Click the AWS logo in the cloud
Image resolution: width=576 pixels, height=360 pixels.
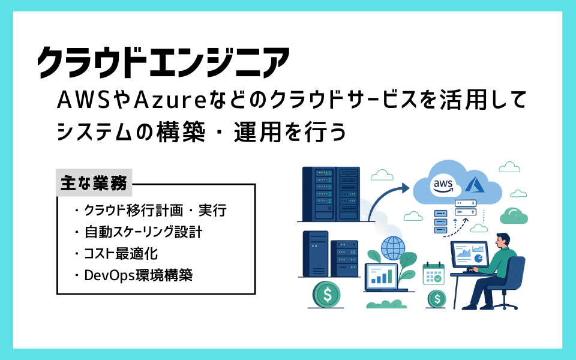click(442, 186)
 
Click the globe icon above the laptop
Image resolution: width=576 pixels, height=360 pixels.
click(392, 248)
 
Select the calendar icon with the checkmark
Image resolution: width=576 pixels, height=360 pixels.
click(433, 274)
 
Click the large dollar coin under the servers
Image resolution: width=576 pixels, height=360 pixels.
click(326, 295)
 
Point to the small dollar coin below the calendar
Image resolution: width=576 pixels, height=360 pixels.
click(436, 299)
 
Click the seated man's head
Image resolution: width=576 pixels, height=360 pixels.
click(503, 241)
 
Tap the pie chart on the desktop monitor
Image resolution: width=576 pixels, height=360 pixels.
click(478, 258)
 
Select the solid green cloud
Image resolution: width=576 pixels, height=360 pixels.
click(514, 216)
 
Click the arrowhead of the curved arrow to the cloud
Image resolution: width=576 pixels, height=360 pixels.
click(405, 188)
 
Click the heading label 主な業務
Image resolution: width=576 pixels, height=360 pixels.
click(94, 183)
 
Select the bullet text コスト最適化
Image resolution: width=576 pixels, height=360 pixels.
click(121, 254)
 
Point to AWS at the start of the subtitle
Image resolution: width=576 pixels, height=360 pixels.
click(83, 100)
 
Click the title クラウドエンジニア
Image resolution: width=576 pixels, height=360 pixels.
click(163, 62)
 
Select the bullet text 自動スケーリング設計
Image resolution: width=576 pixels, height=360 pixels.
click(143, 232)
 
